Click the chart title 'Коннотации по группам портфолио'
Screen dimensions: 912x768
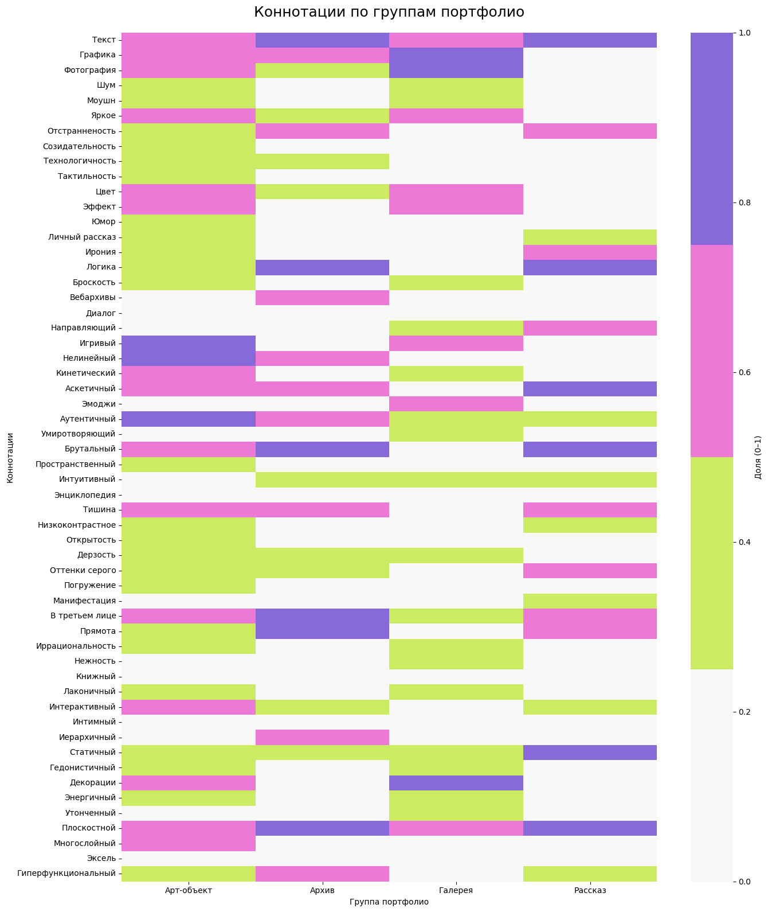[x=389, y=12]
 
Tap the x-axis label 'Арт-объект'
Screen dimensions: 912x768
[x=189, y=891]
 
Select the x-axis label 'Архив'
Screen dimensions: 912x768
[x=322, y=891]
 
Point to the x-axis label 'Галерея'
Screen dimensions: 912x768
[x=456, y=891]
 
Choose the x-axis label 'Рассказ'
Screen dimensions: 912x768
[x=590, y=891]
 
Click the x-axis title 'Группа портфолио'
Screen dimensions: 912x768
[x=389, y=902]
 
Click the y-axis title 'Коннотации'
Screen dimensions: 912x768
[x=10, y=457]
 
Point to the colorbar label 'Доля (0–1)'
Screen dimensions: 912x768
[x=758, y=457]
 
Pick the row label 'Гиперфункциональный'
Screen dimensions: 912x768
[x=66, y=874]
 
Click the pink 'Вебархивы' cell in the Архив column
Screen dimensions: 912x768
[x=322, y=298]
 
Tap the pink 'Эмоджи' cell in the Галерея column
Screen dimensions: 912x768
[x=456, y=404]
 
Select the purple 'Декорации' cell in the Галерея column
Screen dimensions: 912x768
[x=456, y=782]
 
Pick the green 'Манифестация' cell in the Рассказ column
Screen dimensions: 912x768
[x=590, y=601]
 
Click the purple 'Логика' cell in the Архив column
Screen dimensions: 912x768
[x=322, y=267]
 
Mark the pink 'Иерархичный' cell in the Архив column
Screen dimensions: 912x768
[x=322, y=737]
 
